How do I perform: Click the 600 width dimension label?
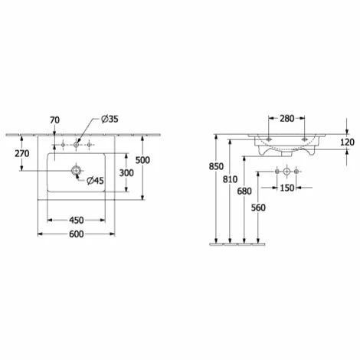click(77, 234)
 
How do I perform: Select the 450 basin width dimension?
click(77, 220)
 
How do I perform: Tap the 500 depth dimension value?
click(142, 160)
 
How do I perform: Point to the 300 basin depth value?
click(126, 173)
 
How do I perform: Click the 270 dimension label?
click(22, 153)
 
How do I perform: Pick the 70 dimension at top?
click(54, 119)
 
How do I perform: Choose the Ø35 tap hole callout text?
click(110, 119)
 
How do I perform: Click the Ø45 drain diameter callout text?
click(95, 181)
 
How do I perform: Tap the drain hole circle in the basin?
click(76, 170)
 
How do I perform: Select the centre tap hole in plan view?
click(76, 145)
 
